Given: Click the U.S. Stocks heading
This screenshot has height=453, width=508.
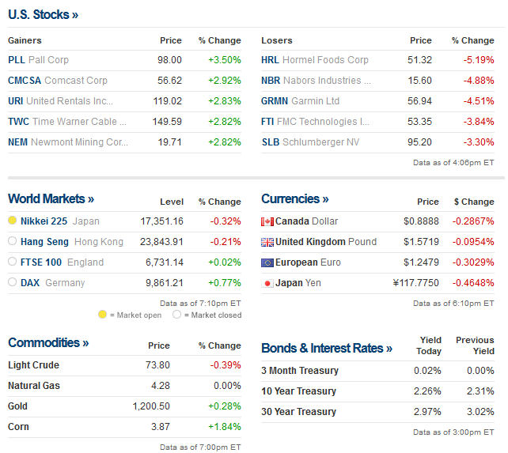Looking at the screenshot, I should (x=43, y=14).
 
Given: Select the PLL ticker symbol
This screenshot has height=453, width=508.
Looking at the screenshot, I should (x=17, y=60).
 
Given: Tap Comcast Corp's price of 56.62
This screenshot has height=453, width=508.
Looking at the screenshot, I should (x=169, y=81).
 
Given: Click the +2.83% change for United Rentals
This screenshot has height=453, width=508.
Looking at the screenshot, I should (x=225, y=101).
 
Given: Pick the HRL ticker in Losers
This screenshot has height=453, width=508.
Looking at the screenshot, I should (x=270, y=60).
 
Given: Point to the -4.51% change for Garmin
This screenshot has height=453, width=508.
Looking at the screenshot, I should (x=478, y=101).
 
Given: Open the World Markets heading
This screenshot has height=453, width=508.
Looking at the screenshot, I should (x=51, y=199).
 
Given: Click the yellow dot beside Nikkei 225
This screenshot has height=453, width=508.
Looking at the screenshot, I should (x=12, y=221).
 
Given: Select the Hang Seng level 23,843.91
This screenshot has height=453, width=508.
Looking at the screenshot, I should (x=161, y=242).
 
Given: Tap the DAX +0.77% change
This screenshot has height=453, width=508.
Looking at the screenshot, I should (x=225, y=283).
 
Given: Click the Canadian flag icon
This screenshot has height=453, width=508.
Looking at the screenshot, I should (x=267, y=221).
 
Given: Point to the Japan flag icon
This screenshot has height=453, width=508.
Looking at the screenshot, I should (x=267, y=283).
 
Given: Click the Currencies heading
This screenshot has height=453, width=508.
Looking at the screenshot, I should (x=294, y=199).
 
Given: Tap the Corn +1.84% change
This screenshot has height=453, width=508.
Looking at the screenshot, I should (x=225, y=427).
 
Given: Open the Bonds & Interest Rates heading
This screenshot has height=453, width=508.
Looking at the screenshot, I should (x=326, y=349).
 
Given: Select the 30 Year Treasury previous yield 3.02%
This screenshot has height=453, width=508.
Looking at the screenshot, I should (x=480, y=412).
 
